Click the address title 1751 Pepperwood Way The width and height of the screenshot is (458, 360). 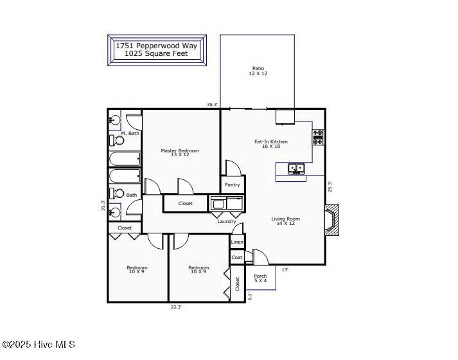tap(156, 46)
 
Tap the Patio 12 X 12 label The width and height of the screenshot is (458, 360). tap(257, 71)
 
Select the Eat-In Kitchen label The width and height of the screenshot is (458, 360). tap(270, 144)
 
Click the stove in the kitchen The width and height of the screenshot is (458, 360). tap(318, 137)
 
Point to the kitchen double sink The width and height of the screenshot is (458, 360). tap(295, 168)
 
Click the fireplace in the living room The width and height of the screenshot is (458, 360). tap(331, 221)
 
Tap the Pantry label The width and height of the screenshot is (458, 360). tap(233, 185)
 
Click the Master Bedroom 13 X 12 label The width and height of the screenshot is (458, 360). tap(180, 153)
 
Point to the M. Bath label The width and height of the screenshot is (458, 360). tap(130, 133)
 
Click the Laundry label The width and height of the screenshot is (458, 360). tap(226, 222)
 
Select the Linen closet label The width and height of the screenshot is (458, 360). tap(237, 242)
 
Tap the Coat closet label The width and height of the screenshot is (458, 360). tap(237, 257)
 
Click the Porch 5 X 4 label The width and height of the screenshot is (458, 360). tap(260, 278)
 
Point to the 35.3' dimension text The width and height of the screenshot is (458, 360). tap(212, 104)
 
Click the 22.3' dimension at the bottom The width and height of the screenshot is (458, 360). tap(176, 307)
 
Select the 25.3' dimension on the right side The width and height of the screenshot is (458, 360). tap(330, 186)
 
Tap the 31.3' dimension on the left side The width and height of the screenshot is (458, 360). tap(103, 206)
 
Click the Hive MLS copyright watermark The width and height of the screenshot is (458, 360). tap(38, 345)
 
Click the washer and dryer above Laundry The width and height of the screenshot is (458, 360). tap(227, 204)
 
